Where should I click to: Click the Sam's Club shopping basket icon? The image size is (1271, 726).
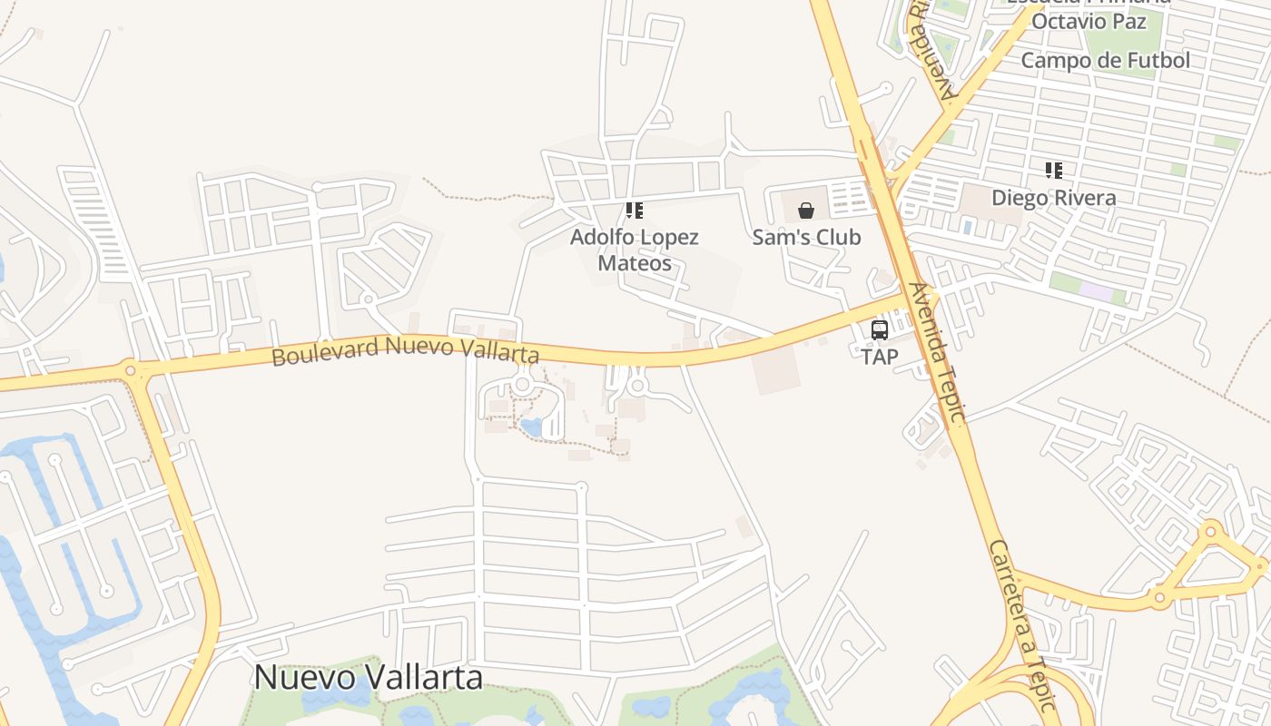(x=806, y=211)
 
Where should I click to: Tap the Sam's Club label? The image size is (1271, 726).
(x=806, y=237)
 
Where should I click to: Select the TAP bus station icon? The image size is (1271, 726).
(x=879, y=330)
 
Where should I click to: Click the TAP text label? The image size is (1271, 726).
(x=879, y=357)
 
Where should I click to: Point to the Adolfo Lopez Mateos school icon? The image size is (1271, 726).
(x=635, y=211)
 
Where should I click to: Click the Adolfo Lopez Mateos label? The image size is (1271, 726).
(x=635, y=250)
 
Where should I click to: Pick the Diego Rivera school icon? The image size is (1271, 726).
(x=1053, y=171)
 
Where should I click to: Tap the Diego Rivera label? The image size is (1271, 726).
(x=1053, y=197)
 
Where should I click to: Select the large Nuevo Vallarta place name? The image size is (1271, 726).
(x=368, y=677)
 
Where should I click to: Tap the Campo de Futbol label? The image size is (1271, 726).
(x=1105, y=61)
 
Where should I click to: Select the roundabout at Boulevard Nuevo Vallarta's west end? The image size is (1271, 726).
(x=130, y=369)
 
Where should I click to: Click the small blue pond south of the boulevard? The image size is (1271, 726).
(x=531, y=427)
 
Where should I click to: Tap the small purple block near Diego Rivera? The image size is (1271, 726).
(x=1095, y=292)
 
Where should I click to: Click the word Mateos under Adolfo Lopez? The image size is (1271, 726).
(x=635, y=263)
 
